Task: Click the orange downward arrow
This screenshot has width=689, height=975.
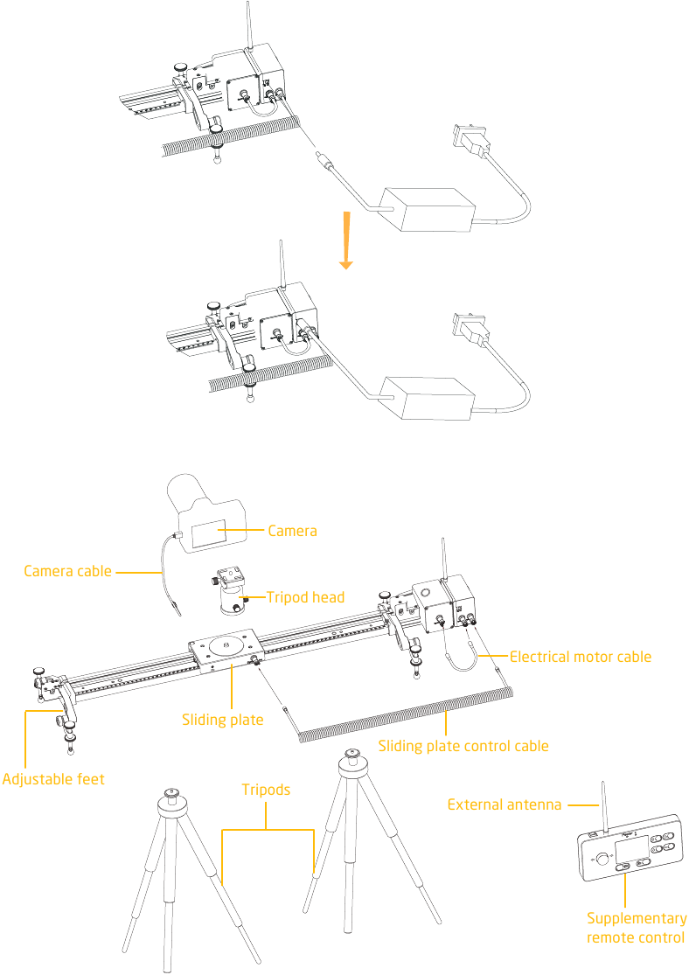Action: (x=346, y=240)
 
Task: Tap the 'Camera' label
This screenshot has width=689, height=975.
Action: (x=292, y=531)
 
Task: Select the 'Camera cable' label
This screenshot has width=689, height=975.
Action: (x=68, y=571)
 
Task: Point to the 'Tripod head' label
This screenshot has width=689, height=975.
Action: (x=305, y=597)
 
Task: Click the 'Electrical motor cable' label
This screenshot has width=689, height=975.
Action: (x=581, y=657)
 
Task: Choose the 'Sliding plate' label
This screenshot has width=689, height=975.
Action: (x=223, y=720)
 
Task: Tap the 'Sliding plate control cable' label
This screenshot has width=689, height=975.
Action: (x=463, y=746)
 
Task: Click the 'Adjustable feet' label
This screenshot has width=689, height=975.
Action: (x=53, y=780)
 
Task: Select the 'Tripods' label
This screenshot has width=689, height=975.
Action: (x=266, y=790)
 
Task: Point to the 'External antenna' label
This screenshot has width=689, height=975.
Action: (x=505, y=804)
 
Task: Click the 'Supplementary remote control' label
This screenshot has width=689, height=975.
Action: (x=637, y=928)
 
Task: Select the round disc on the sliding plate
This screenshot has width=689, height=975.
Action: (x=226, y=645)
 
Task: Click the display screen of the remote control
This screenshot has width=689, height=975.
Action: (x=630, y=849)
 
